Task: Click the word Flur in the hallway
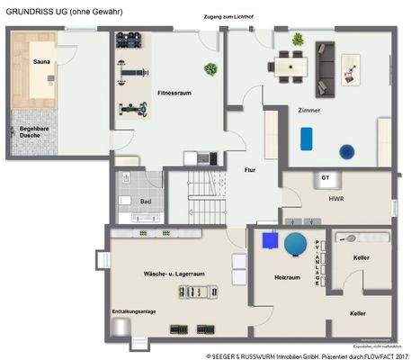[251, 169]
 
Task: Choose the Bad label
[146, 202]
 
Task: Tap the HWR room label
[336, 199]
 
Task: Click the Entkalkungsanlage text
[133, 310]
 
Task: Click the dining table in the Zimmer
[290, 63]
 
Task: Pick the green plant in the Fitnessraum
[210, 68]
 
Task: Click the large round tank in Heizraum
[295, 244]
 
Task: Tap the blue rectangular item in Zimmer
[307, 138]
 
